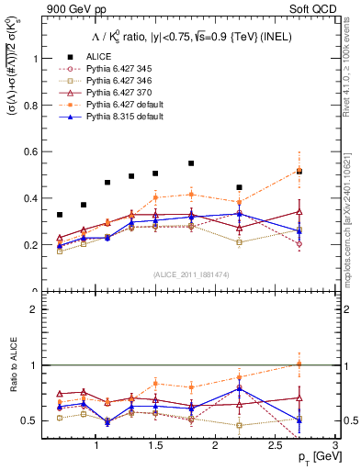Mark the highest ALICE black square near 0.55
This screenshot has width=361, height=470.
click(191, 163)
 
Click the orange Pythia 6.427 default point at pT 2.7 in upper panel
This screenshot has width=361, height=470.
click(299, 170)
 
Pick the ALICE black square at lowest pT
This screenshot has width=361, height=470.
click(60, 215)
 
